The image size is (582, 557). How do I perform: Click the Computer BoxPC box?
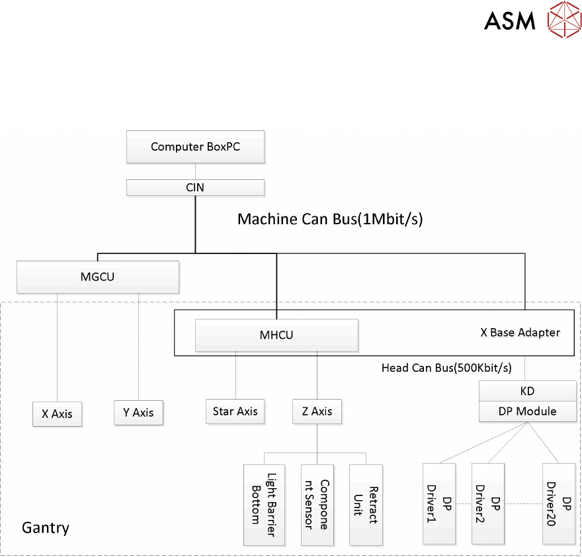tap(195, 147)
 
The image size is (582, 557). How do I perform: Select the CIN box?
tap(195, 187)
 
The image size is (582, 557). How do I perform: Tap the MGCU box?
tap(97, 277)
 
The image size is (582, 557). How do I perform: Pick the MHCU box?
tap(276, 335)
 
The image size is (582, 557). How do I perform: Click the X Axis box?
tap(58, 413)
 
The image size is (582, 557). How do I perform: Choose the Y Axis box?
tap(138, 412)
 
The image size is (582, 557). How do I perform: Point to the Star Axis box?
tap(235, 411)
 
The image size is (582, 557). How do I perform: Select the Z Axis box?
tap(317, 411)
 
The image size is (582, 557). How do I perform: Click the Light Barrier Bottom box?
tap(264, 504)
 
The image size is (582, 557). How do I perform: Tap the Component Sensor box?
tap(316, 504)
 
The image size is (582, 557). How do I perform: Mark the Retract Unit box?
tap(366, 504)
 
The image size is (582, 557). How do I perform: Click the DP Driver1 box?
tap(439, 503)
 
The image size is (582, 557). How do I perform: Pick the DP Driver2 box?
tap(488, 503)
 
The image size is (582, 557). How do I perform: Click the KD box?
tap(527, 390)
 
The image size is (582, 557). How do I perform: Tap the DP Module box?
tap(527, 411)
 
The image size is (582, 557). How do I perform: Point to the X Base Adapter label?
tap(520, 333)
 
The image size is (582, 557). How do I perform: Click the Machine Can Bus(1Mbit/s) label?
tap(329, 219)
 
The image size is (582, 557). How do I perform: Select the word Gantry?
tap(45, 528)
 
